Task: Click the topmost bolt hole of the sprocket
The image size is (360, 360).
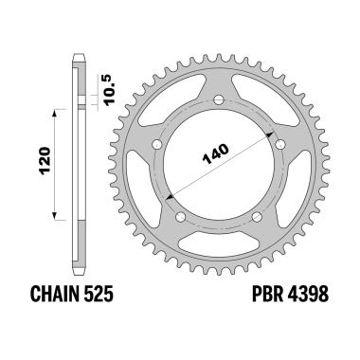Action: tap(215, 99)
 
